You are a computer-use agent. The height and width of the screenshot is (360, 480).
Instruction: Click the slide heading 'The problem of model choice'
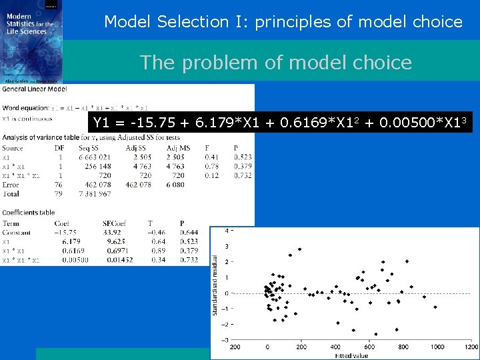(x=275, y=63)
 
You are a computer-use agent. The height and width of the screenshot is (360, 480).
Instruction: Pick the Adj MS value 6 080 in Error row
(x=175, y=185)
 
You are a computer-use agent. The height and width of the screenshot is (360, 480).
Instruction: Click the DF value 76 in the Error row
(x=59, y=185)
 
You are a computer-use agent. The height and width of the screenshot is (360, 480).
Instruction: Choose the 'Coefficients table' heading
(x=29, y=213)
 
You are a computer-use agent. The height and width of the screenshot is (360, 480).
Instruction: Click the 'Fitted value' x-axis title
(x=352, y=355)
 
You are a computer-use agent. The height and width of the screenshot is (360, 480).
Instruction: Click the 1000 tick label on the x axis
(x=437, y=347)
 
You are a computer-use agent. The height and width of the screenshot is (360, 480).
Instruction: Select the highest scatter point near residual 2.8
(x=300, y=249)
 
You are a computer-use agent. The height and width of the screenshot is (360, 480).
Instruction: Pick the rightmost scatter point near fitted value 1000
(x=435, y=307)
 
